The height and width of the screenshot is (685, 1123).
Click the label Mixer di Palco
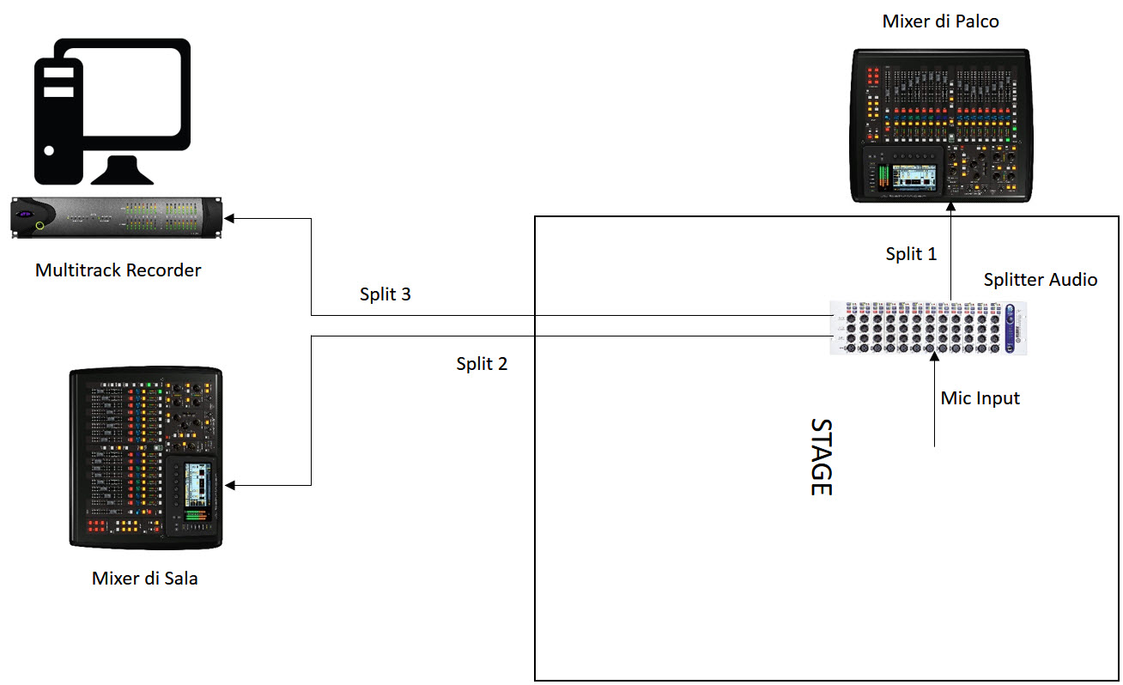click(x=940, y=21)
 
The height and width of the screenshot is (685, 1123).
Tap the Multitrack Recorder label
click(x=118, y=270)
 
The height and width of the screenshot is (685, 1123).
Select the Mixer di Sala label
click(x=144, y=579)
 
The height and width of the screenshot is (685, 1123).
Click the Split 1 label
click(x=911, y=254)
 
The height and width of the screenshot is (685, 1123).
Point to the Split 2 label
click(x=482, y=364)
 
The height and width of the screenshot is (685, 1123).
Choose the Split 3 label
click(x=385, y=294)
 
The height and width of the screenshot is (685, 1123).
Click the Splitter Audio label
click(x=1040, y=280)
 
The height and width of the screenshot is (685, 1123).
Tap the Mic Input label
click(x=980, y=398)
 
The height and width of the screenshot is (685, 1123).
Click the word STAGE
click(x=822, y=457)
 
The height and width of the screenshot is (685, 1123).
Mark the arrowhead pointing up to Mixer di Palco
click(x=950, y=209)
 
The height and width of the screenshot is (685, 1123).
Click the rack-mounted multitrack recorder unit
click(x=117, y=218)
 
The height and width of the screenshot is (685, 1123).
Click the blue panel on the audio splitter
click(x=1011, y=327)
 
